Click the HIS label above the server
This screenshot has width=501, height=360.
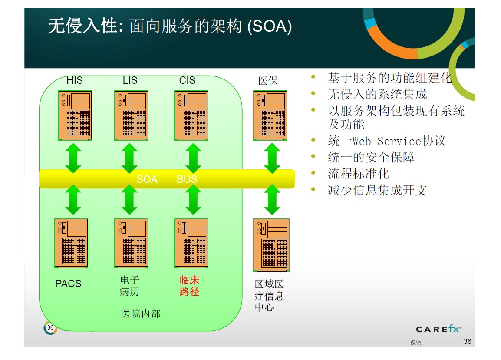click(x=75, y=80)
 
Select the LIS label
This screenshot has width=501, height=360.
click(x=130, y=80)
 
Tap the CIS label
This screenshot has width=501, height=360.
click(x=187, y=80)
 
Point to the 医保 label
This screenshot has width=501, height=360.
click(x=267, y=81)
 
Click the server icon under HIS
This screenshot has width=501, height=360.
click(x=75, y=115)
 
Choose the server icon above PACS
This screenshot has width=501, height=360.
click(x=71, y=243)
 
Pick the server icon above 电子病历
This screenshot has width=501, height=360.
click(x=131, y=243)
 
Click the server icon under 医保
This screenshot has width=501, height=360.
click(x=270, y=115)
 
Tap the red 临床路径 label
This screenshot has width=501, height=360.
click(x=189, y=286)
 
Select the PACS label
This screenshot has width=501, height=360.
click(x=68, y=284)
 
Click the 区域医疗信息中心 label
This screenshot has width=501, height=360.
click(x=269, y=296)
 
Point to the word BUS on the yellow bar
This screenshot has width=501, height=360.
click(x=187, y=179)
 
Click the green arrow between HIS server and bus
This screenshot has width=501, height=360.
click(x=73, y=158)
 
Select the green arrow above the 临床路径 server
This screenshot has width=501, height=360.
click(x=193, y=200)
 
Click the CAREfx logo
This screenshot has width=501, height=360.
click(x=438, y=329)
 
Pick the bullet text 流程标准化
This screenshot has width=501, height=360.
click(x=358, y=174)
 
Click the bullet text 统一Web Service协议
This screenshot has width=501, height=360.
click(x=386, y=141)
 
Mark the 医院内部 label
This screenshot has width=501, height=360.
click(x=140, y=313)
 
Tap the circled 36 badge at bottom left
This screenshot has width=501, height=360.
click(x=50, y=328)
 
